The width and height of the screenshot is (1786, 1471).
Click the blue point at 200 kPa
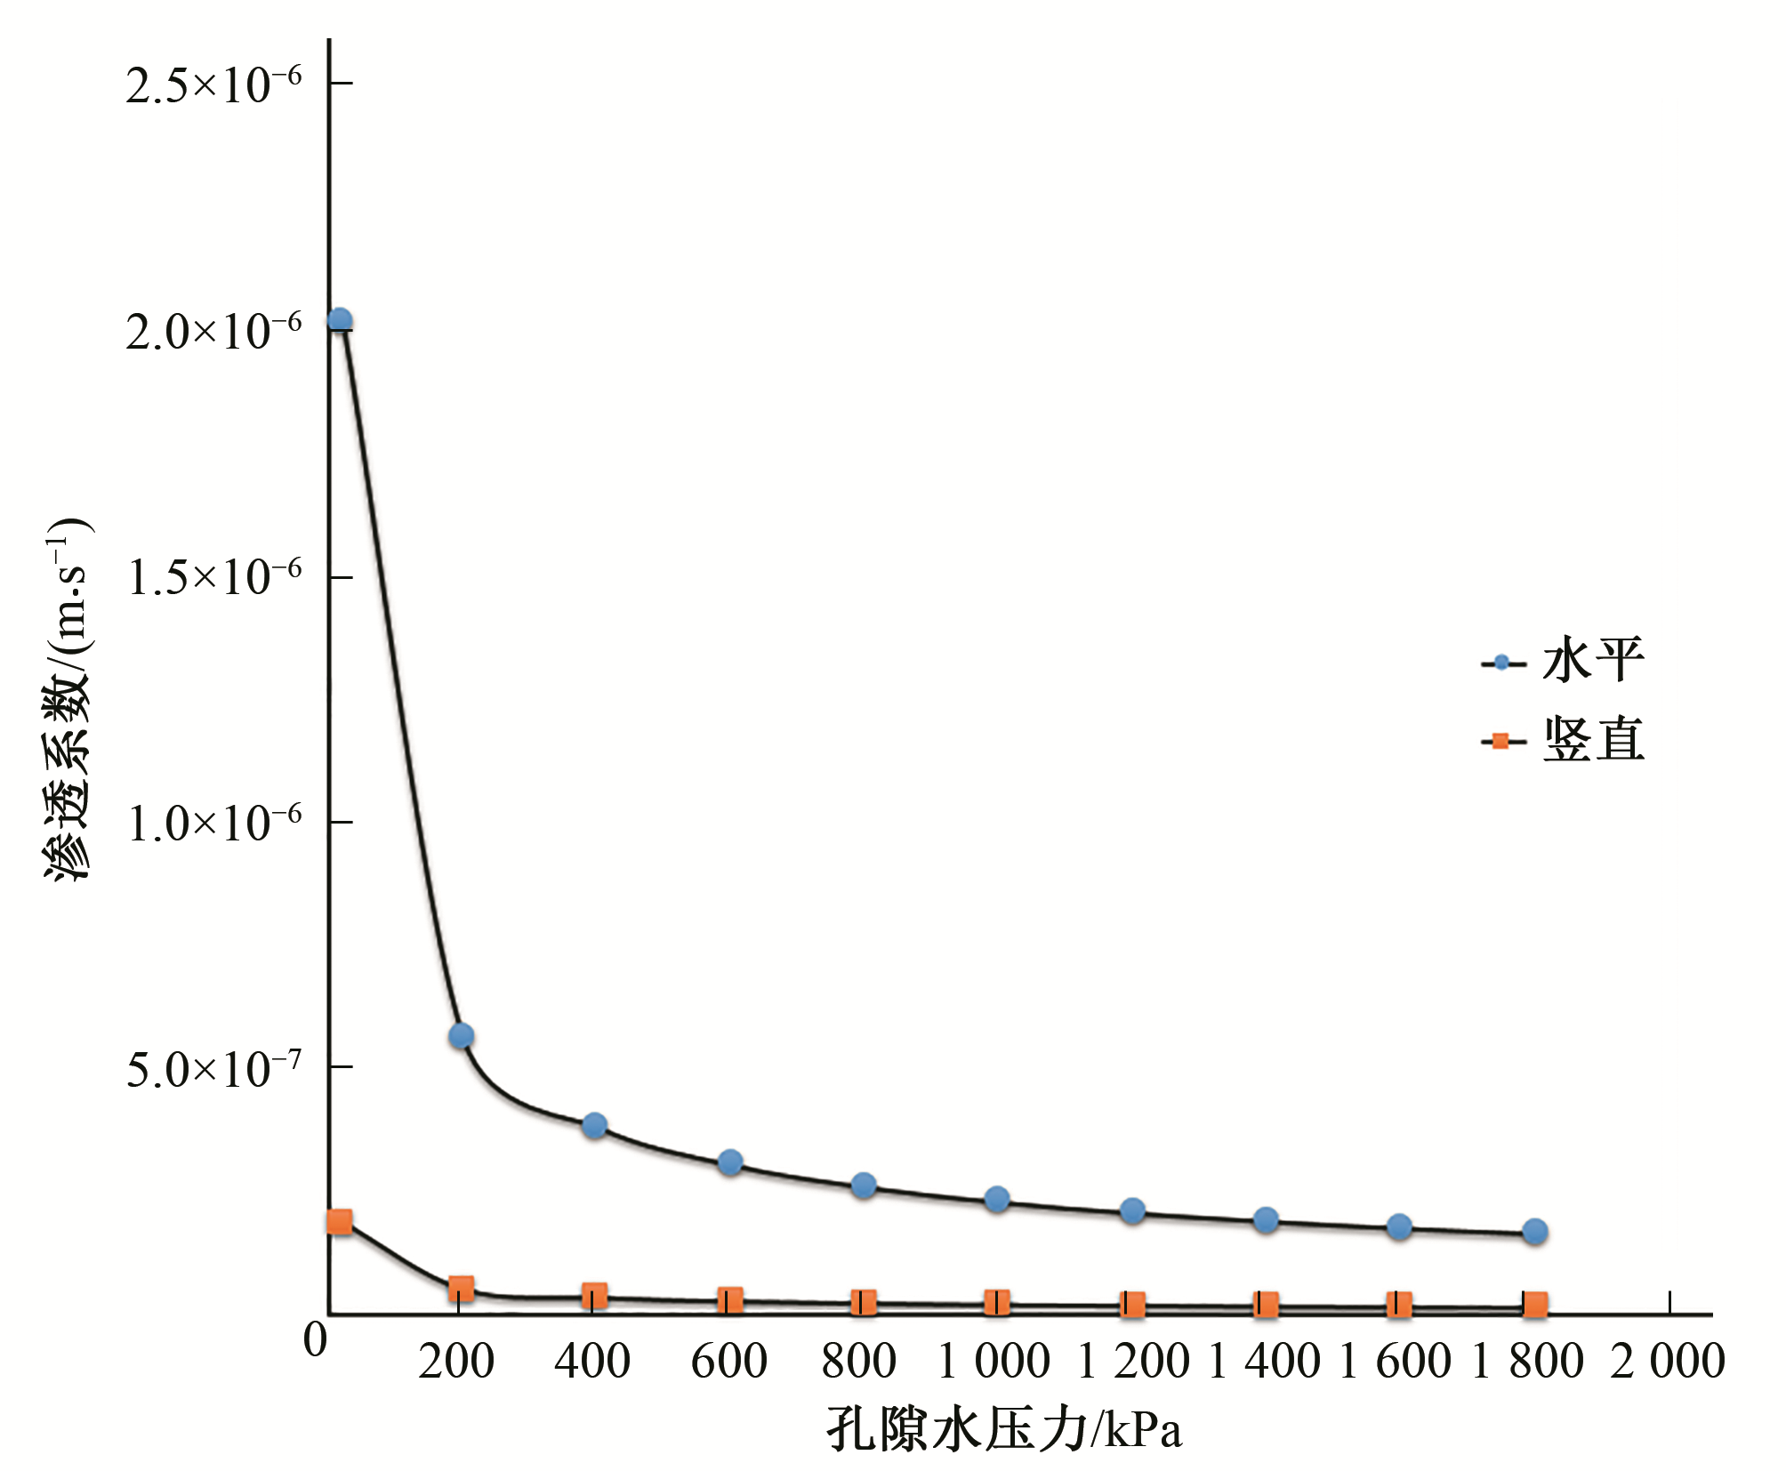461,1035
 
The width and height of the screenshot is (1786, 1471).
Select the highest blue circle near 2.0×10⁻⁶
339,320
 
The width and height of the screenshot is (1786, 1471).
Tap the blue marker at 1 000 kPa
997,1199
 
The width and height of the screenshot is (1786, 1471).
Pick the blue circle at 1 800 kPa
1534,1231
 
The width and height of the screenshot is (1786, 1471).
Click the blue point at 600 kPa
730,1162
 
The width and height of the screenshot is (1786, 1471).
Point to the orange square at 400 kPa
594,1295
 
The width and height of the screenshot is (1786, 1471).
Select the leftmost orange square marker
339,1221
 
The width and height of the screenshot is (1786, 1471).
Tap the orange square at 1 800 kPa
1534,1305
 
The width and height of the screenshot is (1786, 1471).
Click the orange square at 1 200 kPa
1132,1305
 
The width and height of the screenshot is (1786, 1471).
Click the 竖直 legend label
1592,740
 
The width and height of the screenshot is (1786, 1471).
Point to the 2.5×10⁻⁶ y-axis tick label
213,85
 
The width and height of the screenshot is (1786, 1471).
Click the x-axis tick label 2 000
1668,1362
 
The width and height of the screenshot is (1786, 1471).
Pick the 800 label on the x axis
859,1362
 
